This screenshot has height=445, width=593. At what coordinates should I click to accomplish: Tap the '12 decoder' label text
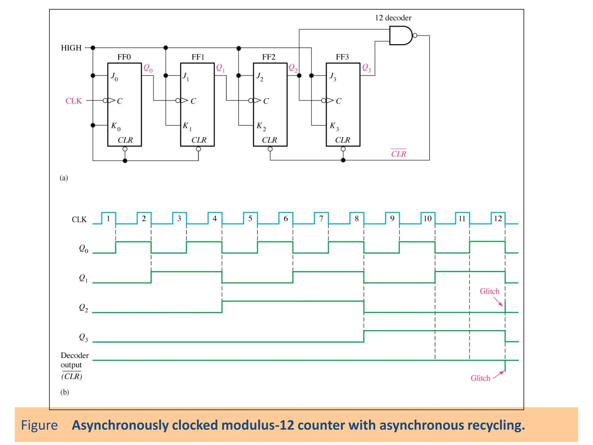tap(393, 18)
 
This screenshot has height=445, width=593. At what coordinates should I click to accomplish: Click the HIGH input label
tap(71, 48)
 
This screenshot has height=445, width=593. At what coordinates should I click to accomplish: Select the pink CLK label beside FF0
tap(74, 101)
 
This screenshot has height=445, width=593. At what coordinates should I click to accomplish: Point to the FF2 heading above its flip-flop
tap(268, 57)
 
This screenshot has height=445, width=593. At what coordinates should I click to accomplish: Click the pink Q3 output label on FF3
tap(366, 68)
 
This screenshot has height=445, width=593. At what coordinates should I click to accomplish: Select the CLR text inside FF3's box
tap(343, 140)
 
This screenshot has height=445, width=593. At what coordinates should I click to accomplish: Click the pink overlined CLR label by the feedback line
tap(398, 154)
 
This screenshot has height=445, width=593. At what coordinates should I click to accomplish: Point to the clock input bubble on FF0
tap(105, 101)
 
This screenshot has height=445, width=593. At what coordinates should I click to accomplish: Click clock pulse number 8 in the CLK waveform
tap(356, 219)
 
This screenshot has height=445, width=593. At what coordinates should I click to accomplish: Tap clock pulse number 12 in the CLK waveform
tap(498, 219)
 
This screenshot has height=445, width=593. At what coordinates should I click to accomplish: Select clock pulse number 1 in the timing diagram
tap(108, 219)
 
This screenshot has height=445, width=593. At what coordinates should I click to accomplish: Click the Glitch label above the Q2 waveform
tap(489, 291)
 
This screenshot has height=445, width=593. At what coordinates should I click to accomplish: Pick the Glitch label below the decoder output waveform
tap(480, 378)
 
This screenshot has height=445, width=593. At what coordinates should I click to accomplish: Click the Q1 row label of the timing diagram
tap(83, 278)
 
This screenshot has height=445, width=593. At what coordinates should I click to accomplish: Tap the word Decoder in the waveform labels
tap(75, 355)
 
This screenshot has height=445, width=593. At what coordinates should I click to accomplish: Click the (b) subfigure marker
tap(65, 392)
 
